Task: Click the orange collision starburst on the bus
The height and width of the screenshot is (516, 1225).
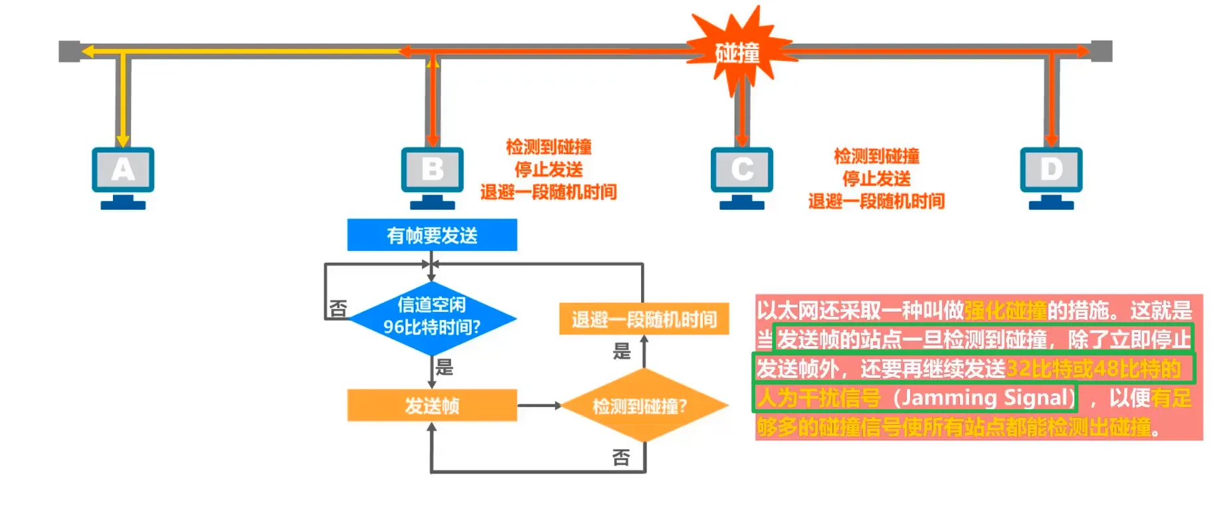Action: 738,52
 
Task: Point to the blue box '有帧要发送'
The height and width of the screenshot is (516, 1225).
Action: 432,235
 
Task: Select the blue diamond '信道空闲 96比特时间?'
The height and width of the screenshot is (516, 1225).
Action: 432,317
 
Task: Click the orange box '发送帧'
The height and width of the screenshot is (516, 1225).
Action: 432,405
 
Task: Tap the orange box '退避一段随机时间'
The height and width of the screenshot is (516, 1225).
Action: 644,319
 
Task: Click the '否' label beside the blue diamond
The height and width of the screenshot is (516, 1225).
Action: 338,309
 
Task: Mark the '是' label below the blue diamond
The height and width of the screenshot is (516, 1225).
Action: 444,367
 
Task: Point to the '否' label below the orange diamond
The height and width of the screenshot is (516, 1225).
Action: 621,457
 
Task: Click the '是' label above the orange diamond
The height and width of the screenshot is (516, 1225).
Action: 621,351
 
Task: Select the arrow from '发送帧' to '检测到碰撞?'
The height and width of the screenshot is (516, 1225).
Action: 539,405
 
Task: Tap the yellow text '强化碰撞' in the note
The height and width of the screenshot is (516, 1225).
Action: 1006,309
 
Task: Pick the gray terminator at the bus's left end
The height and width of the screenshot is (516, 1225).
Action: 69,51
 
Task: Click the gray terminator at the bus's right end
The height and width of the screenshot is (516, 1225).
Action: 1101,51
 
